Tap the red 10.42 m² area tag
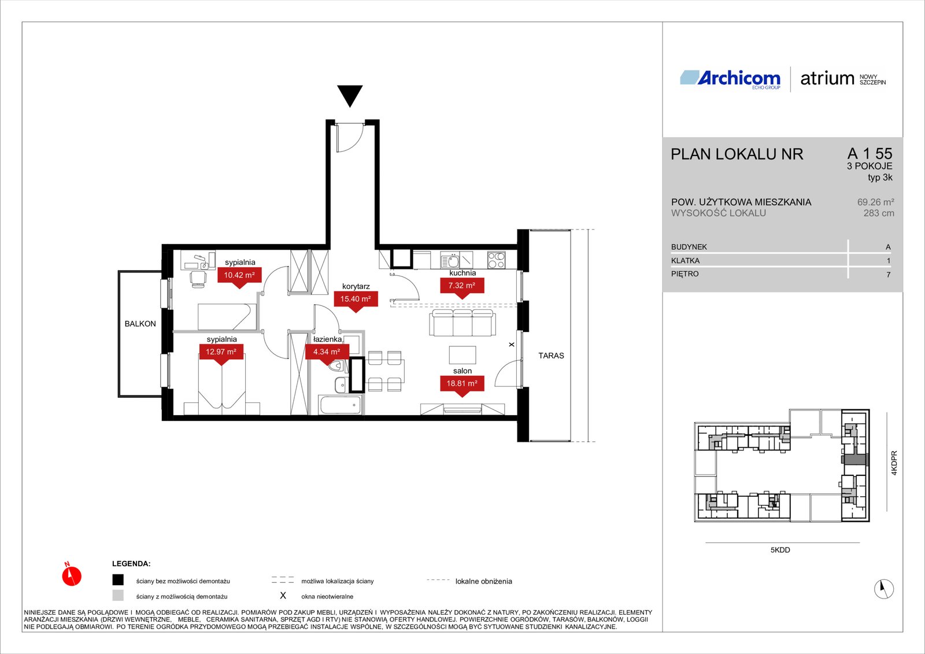coord(239,277)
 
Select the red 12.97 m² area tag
coord(221,354)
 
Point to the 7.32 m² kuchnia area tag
coord(462,287)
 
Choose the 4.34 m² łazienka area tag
coord(327,354)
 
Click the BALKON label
coord(140,324)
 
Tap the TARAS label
coord(552,355)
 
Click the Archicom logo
coord(730,79)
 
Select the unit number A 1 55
coord(869,154)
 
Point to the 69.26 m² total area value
coord(876,202)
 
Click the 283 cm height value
coord(879,213)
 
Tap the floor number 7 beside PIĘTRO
coord(888,274)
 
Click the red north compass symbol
coord(72,575)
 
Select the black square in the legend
coord(118,580)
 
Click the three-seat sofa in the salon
coord(462,323)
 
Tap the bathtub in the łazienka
coord(341,405)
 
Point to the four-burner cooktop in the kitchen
coord(496,260)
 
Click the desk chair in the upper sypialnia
coord(199,279)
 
